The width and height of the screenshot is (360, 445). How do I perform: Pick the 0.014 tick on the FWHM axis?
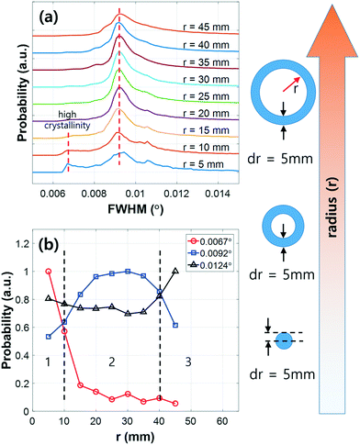point(217,191)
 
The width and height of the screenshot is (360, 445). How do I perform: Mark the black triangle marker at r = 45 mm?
point(175,271)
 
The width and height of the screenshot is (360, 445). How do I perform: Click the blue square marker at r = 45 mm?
point(175,326)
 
